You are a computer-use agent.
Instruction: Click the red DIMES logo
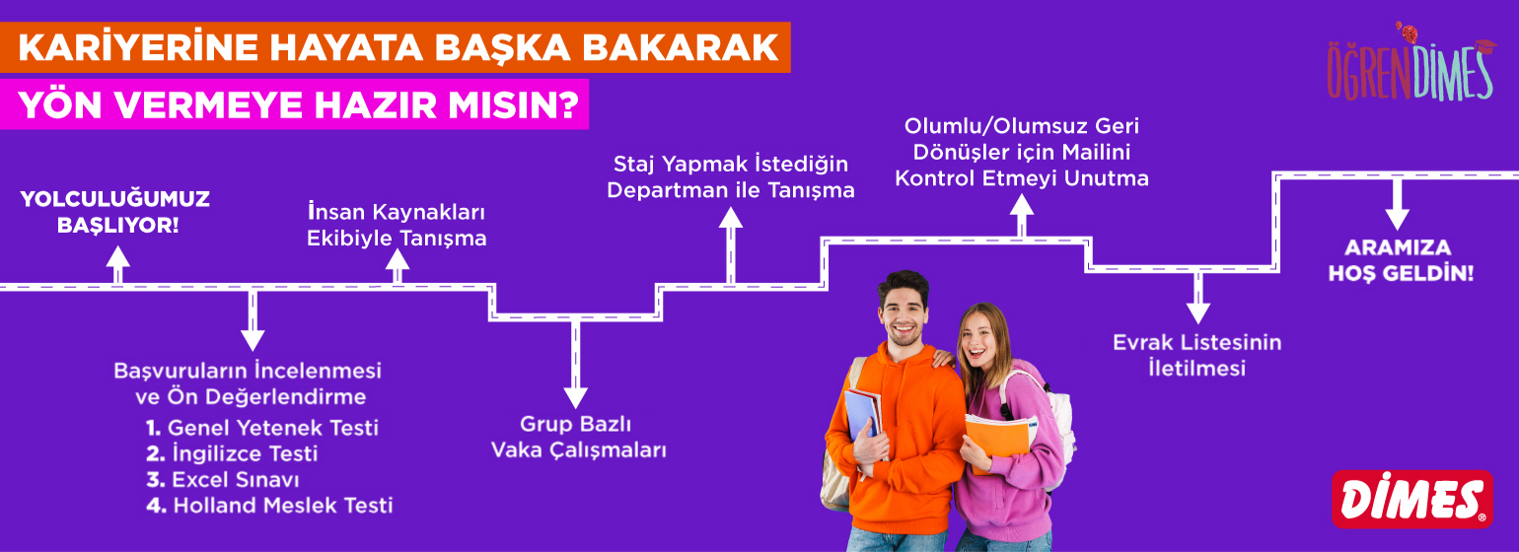tap(1412, 499)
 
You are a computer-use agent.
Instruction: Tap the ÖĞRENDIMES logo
tap(1410, 64)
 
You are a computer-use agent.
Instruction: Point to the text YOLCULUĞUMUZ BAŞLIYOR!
tap(115, 212)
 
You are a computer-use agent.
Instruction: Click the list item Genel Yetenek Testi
tap(262, 428)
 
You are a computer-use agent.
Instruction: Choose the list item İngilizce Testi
tap(232, 453)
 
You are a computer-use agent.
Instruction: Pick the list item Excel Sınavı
tap(223, 479)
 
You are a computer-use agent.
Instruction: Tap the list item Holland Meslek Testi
tap(270, 506)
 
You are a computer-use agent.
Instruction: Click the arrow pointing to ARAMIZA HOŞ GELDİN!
tap(1397, 204)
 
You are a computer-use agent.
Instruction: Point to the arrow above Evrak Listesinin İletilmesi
tap(1198, 298)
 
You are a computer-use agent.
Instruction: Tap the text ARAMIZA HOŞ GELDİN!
tap(1401, 260)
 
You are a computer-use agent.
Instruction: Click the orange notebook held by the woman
tap(998, 441)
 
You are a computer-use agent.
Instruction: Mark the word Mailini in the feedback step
tap(1096, 152)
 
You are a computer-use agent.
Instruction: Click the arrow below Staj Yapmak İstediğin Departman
tap(730, 245)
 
